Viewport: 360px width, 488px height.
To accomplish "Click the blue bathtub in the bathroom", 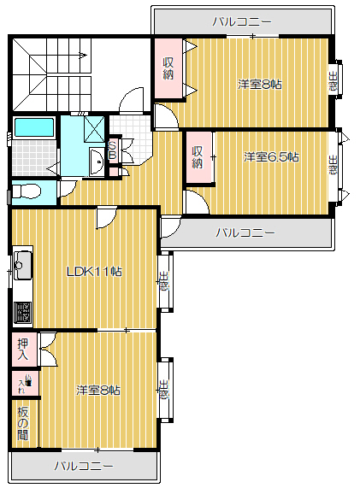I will pyautogui.click(x=35, y=128).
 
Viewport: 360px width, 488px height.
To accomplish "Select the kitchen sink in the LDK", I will pyautogui.click(x=22, y=266).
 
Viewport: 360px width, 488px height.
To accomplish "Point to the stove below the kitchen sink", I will pyautogui.click(x=22, y=313).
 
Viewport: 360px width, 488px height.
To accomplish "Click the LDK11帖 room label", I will pyautogui.click(x=93, y=272).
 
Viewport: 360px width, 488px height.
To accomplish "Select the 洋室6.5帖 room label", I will pyautogui.click(x=271, y=156).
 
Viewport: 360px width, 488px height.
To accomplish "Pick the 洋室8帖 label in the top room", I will pyautogui.click(x=260, y=84).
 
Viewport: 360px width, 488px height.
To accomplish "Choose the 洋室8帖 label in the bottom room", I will pyautogui.click(x=97, y=390).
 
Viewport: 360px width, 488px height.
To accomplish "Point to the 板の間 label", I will pyautogui.click(x=22, y=423).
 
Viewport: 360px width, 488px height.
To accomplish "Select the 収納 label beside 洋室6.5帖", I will pyautogui.click(x=198, y=156).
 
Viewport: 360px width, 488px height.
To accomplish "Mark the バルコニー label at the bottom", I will pyautogui.click(x=83, y=466).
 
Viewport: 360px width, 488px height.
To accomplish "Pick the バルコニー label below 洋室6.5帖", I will pyautogui.click(x=245, y=232).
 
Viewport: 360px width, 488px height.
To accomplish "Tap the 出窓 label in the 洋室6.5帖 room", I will pyautogui.click(x=333, y=163).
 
